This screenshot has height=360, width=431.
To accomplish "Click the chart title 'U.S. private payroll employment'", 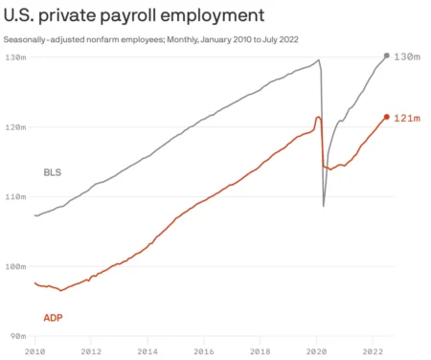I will [x=133, y=15].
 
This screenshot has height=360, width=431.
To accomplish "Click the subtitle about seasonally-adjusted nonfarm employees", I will [x=153, y=39].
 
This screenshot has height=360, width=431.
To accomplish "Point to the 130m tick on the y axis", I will [x=15, y=57].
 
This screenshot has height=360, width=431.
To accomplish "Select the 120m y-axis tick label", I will [x=15, y=127].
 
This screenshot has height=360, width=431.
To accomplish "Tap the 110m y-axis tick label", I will [x=15, y=196].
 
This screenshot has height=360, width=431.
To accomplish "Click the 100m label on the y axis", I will [x=15, y=266].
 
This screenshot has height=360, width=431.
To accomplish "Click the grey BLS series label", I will [x=53, y=173].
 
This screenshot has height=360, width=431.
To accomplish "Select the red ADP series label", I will [x=54, y=316].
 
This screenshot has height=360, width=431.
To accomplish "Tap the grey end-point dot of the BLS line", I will [x=386, y=56].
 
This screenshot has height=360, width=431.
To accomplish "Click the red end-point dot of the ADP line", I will [x=386, y=118].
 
